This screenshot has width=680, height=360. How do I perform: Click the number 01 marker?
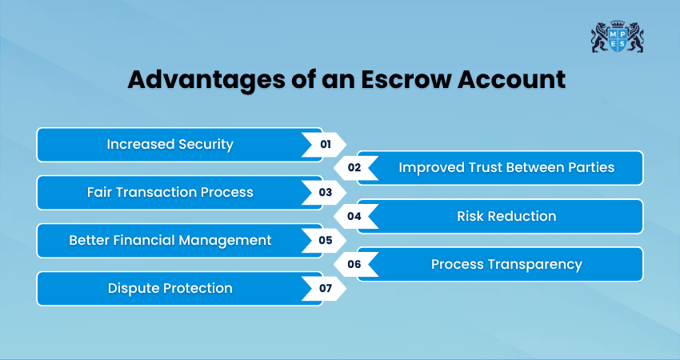(x=325, y=145)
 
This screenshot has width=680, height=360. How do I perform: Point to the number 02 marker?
(x=354, y=168)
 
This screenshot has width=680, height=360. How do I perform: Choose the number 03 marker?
(x=325, y=193)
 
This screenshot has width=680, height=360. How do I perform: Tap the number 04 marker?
(x=354, y=216)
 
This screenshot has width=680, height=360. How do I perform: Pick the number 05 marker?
(x=325, y=240)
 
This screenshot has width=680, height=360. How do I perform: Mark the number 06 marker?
(x=354, y=264)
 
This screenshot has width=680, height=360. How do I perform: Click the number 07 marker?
(x=325, y=288)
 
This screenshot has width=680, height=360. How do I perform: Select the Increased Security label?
(x=170, y=145)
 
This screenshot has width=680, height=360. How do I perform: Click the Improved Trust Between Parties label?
(x=506, y=168)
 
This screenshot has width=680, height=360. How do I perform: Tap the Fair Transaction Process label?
(x=170, y=193)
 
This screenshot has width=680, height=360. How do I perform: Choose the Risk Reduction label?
(x=506, y=216)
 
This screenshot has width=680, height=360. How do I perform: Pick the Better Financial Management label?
(x=170, y=240)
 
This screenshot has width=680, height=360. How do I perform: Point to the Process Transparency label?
(x=506, y=264)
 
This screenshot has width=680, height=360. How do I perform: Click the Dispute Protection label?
(x=170, y=288)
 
